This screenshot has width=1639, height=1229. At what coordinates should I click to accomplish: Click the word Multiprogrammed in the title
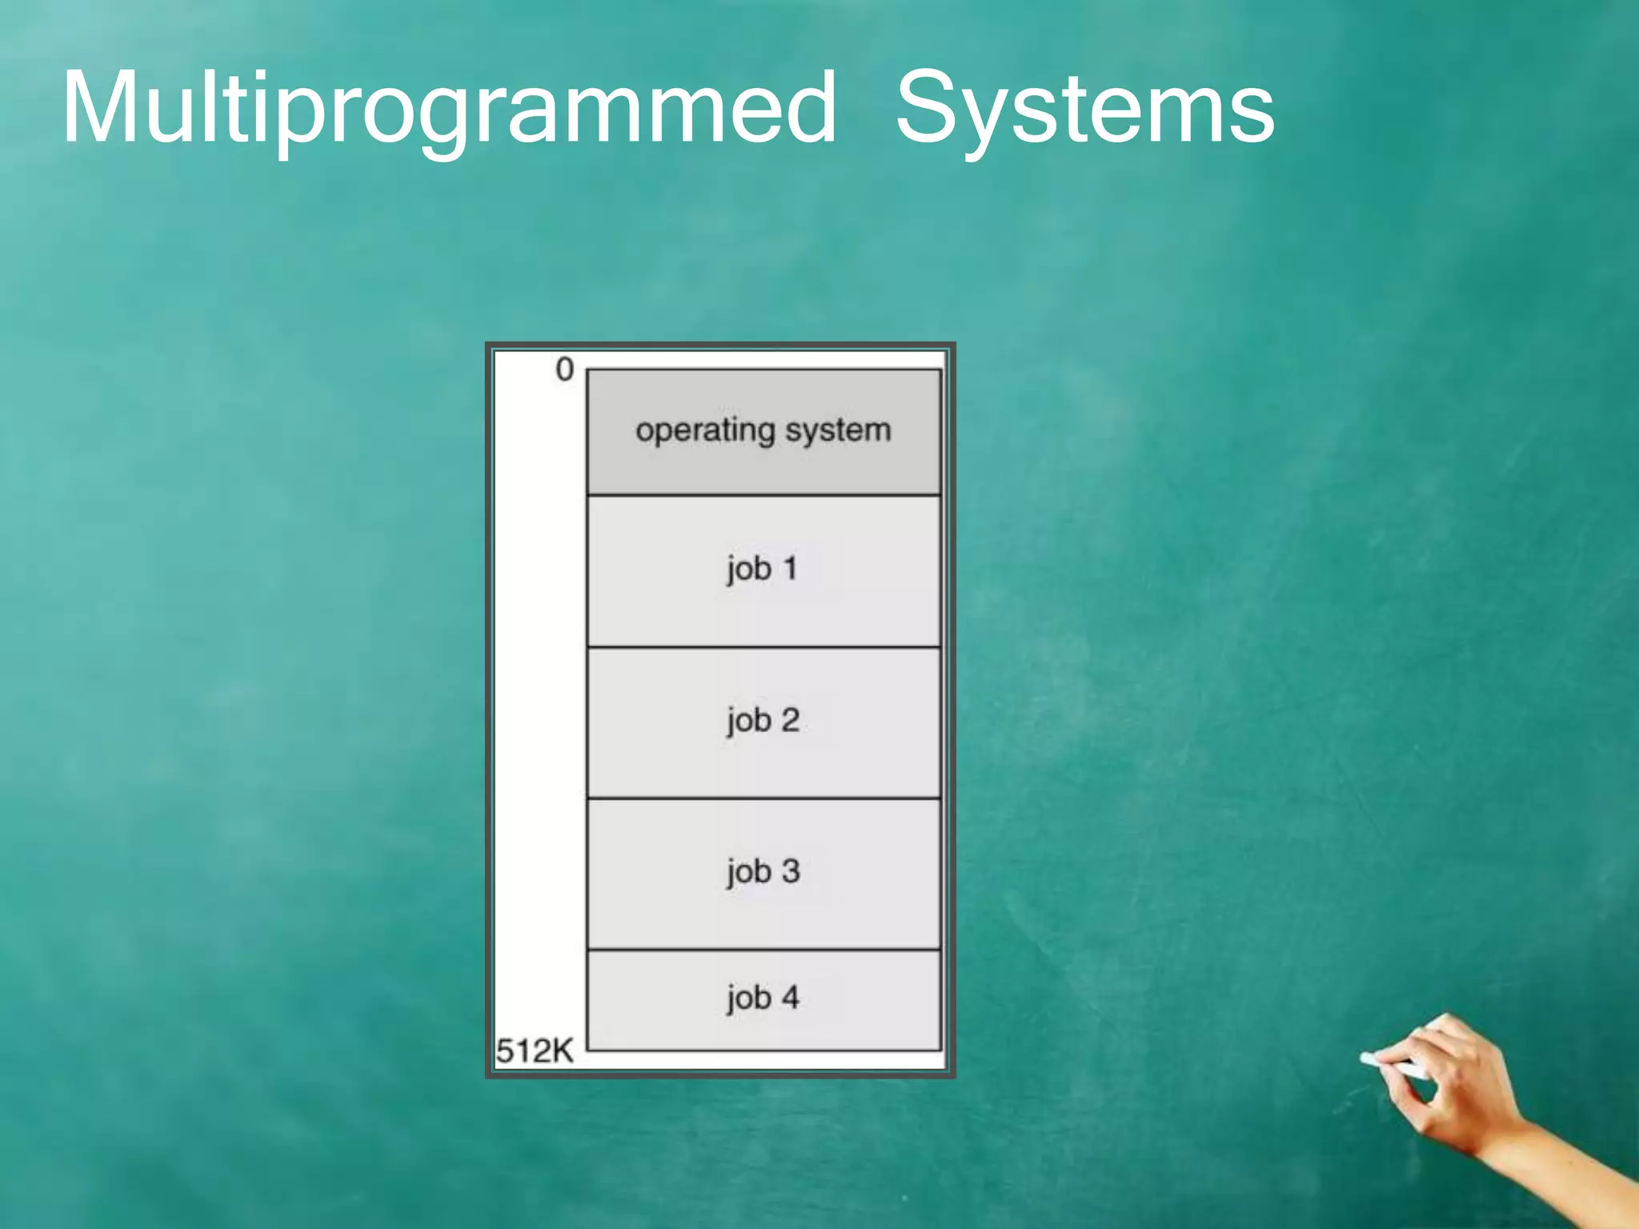[x=448, y=108]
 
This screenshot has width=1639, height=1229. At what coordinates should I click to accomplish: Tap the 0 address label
[x=564, y=370]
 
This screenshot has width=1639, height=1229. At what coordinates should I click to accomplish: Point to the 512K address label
[x=535, y=1051]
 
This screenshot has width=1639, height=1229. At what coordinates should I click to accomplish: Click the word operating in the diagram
[x=705, y=430]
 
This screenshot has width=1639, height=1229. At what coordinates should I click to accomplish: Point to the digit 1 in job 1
[x=790, y=568]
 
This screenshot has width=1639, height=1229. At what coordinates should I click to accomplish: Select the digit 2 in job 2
[x=790, y=720]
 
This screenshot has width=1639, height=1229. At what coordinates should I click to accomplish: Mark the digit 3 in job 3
[x=790, y=871]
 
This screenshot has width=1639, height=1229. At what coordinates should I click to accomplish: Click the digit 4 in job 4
[x=790, y=997]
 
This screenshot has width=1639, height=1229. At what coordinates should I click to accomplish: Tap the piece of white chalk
[x=1393, y=1065]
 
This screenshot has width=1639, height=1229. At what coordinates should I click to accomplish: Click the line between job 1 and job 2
[x=763, y=647]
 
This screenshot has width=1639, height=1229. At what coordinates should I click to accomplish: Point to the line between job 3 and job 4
[x=763, y=950]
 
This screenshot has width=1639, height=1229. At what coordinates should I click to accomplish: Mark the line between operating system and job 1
[x=763, y=495]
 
